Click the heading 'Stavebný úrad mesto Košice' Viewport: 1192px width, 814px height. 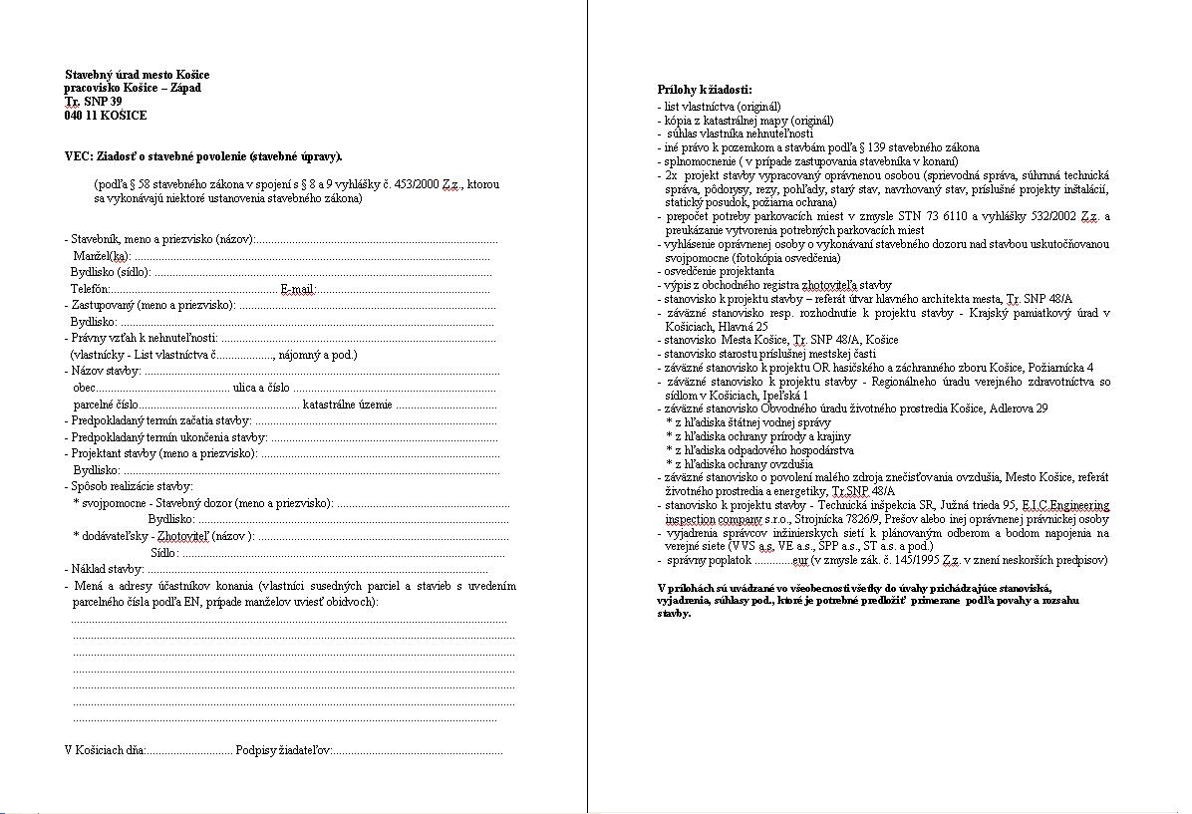click(x=138, y=75)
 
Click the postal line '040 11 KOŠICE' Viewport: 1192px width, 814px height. click(x=106, y=116)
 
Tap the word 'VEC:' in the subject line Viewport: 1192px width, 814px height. click(x=78, y=156)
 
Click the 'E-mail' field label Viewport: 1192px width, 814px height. click(x=297, y=289)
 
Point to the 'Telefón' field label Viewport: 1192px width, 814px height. click(x=89, y=289)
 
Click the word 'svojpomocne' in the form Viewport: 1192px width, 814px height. click(x=115, y=503)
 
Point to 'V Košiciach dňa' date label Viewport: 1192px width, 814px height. click(x=105, y=750)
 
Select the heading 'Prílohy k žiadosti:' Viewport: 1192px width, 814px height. click(x=705, y=90)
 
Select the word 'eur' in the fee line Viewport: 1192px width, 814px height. click(x=800, y=560)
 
